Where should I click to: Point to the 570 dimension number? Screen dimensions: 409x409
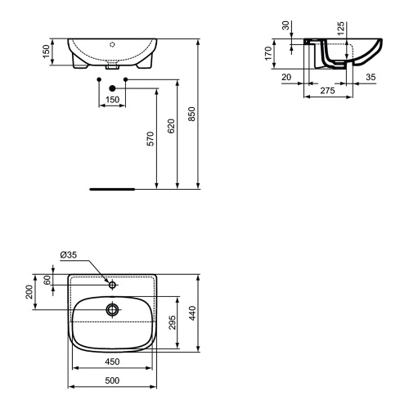click(x=151, y=139)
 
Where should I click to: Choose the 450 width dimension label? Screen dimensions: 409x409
click(x=113, y=361)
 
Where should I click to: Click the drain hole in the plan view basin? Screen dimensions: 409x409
click(x=113, y=310)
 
